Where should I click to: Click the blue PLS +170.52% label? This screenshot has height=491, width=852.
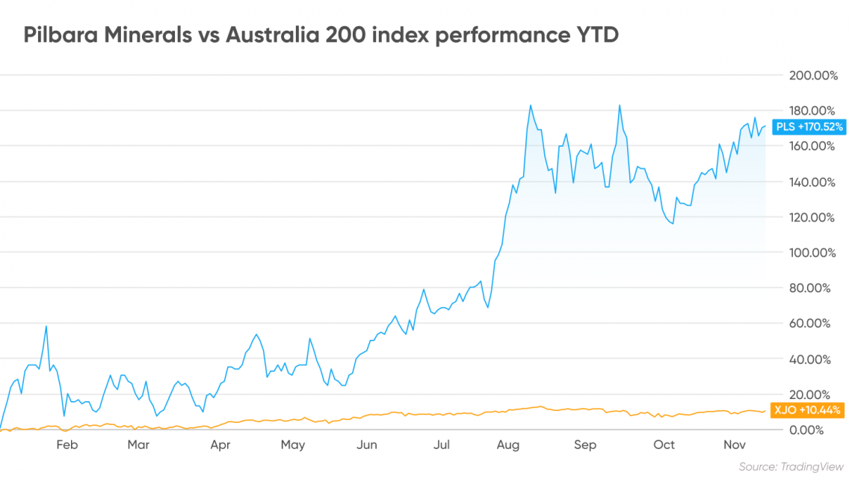pos(809,126)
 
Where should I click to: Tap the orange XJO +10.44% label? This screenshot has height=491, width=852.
pos(807,410)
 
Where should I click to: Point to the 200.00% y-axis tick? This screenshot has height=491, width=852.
pos(813,75)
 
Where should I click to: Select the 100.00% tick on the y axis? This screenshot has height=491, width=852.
pos(812,252)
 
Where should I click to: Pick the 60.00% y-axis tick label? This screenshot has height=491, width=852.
pos(809,323)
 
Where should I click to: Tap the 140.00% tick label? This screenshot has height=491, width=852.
pos(812,182)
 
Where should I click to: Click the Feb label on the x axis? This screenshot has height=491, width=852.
pos(67,445)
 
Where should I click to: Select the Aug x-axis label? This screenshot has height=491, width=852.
pos(508,445)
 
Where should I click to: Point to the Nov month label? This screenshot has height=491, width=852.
pos(735,445)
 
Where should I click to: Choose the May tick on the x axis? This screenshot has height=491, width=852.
pos(293,445)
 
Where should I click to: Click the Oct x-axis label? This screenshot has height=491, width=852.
pos(664,445)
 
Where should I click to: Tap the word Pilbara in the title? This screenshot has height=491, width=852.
pos(61,35)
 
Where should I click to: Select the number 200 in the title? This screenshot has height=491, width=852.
pos(343,35)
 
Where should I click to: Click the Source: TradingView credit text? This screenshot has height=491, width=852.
pos(791,466)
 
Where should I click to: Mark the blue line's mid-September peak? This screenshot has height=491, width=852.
pos(620,106)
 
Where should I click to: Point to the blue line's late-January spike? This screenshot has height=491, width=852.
pos(46,326)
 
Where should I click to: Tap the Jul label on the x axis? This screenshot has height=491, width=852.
pos(441,445)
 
